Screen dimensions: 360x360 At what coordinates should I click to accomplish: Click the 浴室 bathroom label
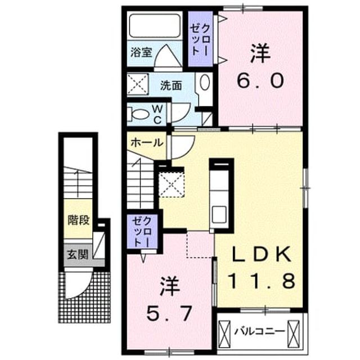coord(141,52)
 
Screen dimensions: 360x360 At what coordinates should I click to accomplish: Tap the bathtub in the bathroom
coord(155,25)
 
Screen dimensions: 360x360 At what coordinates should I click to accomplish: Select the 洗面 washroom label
coord(171,85)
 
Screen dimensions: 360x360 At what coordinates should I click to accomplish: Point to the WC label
coord(157,114)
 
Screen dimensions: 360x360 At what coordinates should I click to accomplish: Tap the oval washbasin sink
coord(205,82)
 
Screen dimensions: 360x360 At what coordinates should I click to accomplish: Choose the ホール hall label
coord(147,143)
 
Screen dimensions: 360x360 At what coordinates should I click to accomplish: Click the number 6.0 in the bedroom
coord(260,81)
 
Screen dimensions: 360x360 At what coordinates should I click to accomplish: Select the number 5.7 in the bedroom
coord(169,314)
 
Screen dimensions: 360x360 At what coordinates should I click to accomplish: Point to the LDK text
coord(262,254)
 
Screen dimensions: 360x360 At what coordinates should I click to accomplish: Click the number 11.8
coord(262,281)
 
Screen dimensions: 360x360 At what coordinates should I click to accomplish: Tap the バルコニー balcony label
coord(259,331)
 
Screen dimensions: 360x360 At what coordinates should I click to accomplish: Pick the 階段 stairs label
coord(79,220)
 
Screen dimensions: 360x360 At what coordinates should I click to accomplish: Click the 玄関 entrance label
coord(78,255)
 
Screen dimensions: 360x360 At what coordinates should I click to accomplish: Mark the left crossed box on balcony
coord(224,331)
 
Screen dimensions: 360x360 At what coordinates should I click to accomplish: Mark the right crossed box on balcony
coord(294,331)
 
